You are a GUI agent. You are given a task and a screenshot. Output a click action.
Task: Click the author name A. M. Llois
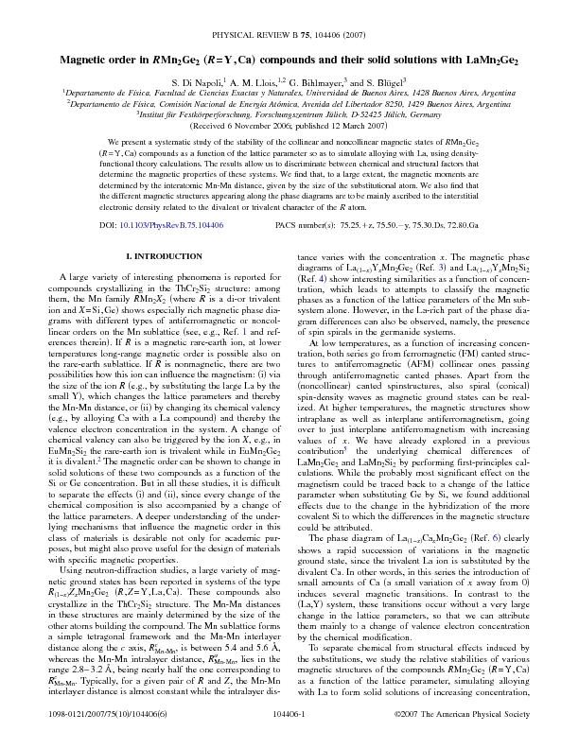click(256, 82)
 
